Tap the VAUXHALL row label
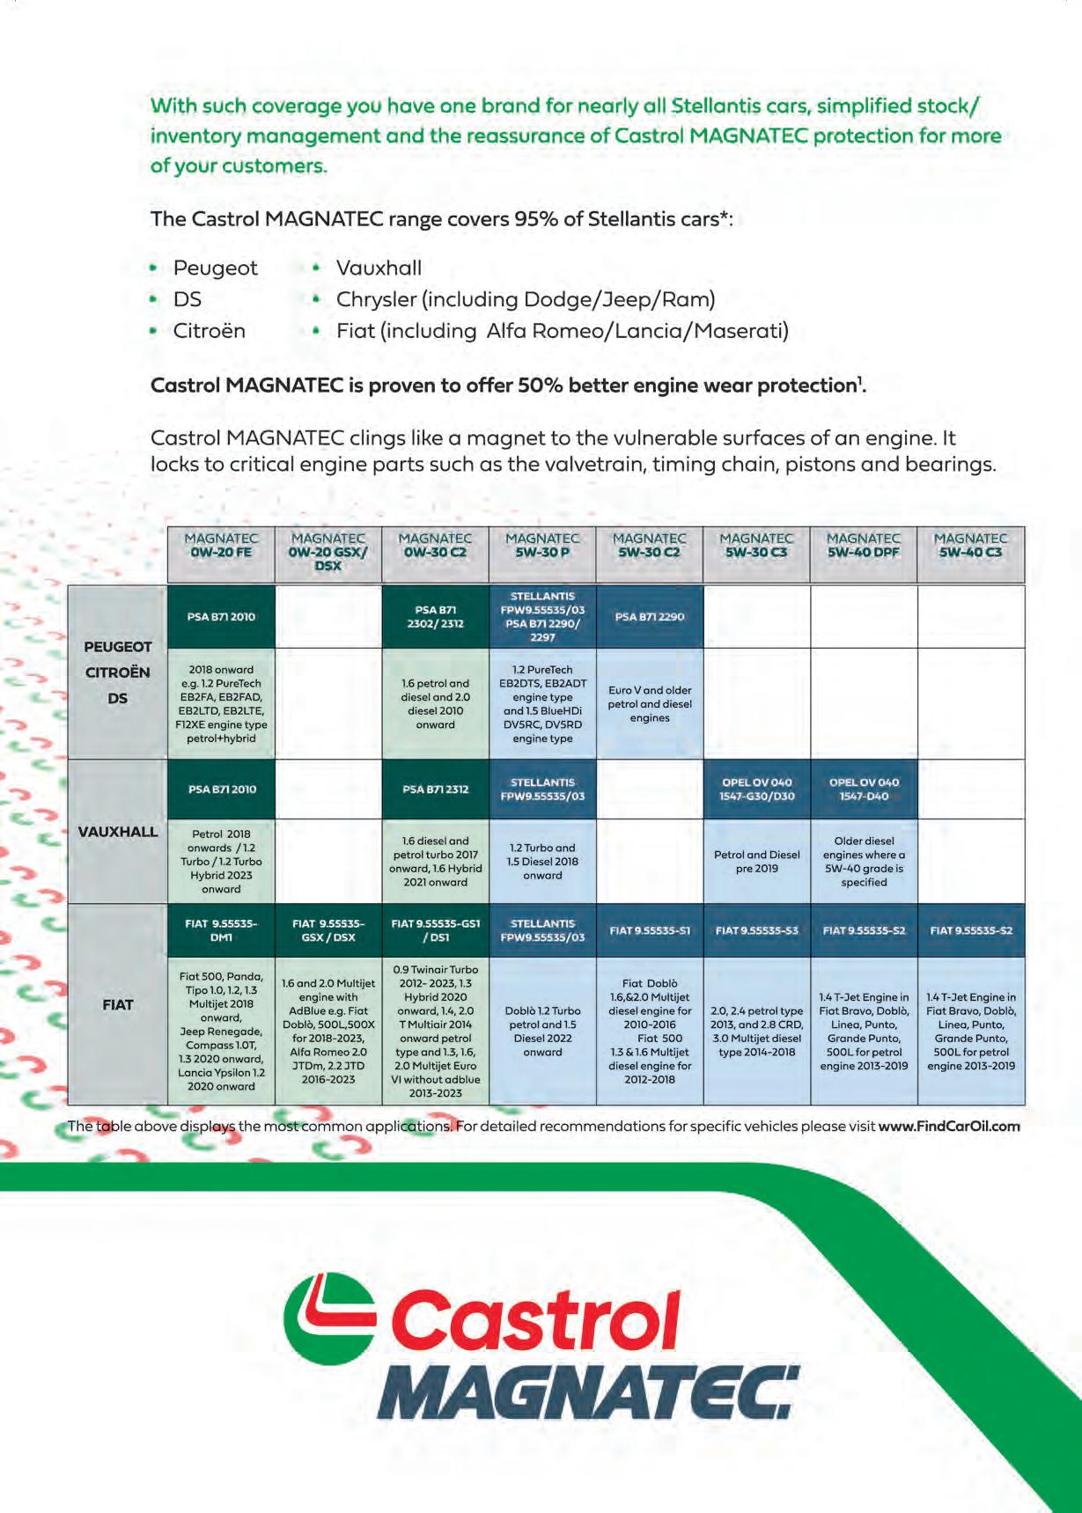(x=118, y=832)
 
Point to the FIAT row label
(x=118, y=1004)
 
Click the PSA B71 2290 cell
(x=650, y=617)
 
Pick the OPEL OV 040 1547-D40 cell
(x=864, y=790)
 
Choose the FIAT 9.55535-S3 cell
(x=756, y=930)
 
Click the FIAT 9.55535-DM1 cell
(x=221, y=930)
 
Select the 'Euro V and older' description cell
(x=650, y=704)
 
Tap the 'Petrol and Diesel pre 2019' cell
(x=756, y=862)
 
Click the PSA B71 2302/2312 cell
(x=435, y=617)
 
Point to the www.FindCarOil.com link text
(x=949, y=1126)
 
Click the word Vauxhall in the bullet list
(x=379, y=268)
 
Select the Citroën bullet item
(x=209, y=331)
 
